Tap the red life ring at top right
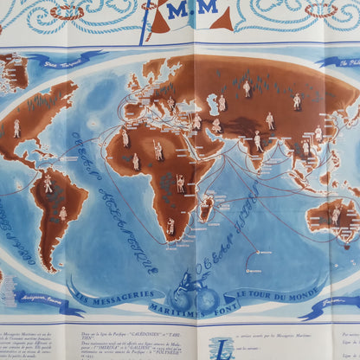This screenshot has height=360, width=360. pyautogui.click(x=320, y=10)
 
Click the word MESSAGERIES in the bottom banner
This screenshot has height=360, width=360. pyautogui.click(x=121, y=299)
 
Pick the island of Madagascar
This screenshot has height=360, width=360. pyautogui.click(x=206, y=207)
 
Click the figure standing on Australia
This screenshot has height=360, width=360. pyautogui.click(x=335, y=215)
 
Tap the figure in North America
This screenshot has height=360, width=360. pyautogui.click(x=16, y=127)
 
